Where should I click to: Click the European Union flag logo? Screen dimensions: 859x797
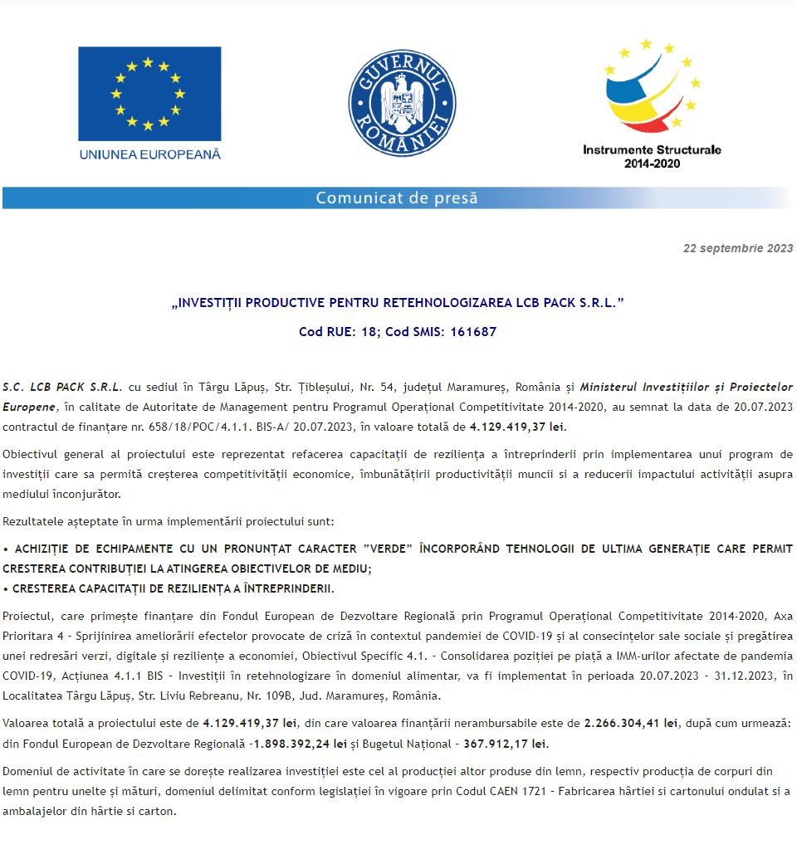point(149,93)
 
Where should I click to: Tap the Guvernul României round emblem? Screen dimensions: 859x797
point(402,103)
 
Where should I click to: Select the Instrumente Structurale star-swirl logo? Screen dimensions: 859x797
point(652,87)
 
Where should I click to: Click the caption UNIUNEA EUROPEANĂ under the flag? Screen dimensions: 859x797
point(149,154)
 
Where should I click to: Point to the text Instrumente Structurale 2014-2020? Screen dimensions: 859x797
point(652,156)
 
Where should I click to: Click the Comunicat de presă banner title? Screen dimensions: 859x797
point(397,198)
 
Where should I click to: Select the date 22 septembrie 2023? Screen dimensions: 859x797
point(738,248)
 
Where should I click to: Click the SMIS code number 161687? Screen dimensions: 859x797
point(473,331)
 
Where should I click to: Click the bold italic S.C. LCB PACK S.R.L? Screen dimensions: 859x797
point(62,387)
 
